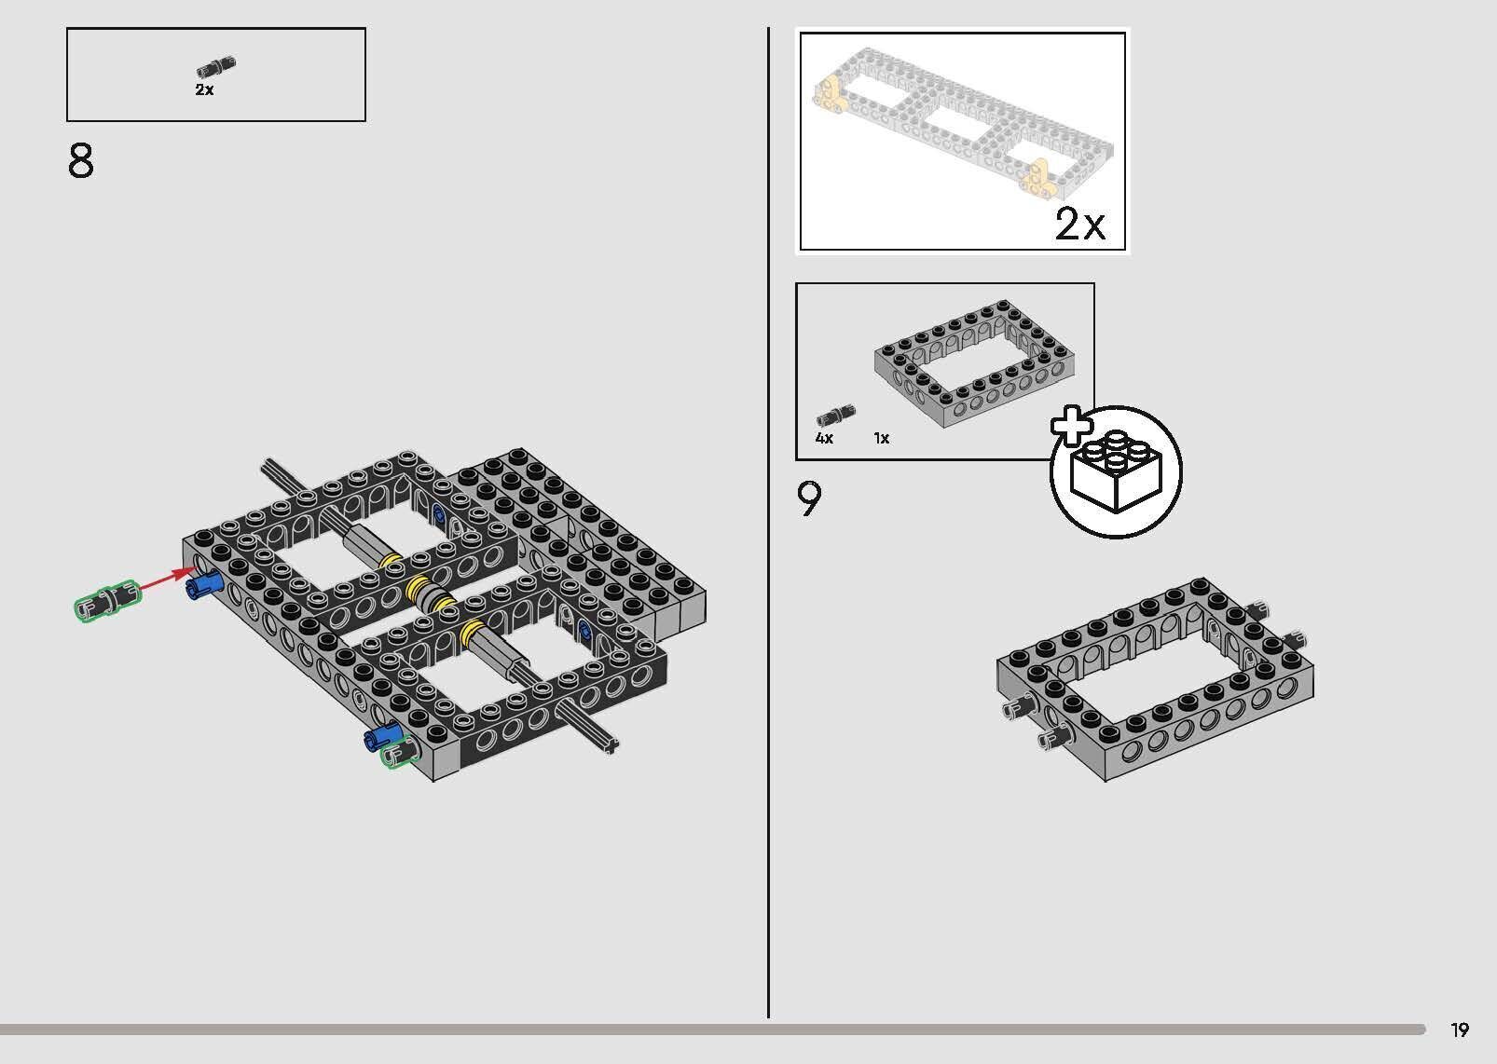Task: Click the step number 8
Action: coord(81,160)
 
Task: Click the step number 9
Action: coord(809,499)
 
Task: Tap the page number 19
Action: coord(1460,1030)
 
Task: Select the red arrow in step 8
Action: coord(167,580)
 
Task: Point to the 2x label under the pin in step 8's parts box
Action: coord(204,89)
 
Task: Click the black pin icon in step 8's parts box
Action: coord(216,67)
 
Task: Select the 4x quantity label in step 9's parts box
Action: coord(824,438)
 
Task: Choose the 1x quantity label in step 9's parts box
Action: coord(882,438)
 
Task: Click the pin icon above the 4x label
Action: coord(836,416)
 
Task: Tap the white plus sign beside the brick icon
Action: coord(1071,426)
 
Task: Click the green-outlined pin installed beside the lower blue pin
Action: coord(401,754)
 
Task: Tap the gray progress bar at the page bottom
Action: coord(712,1030)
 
